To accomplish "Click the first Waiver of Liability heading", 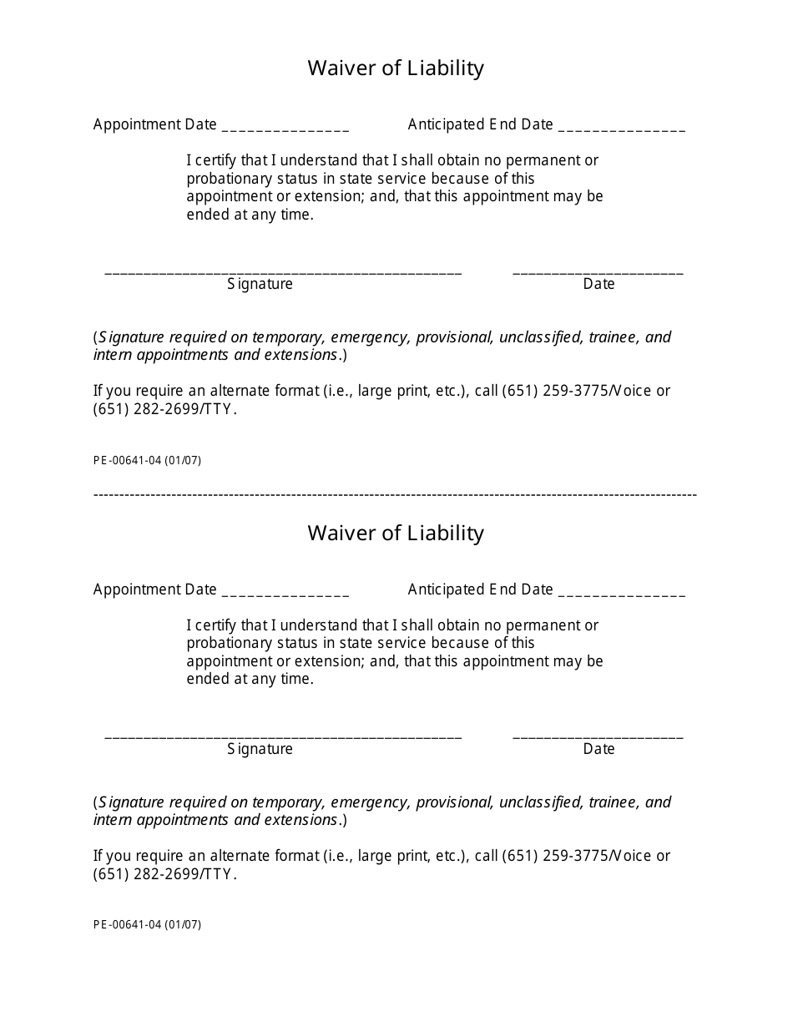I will pyautogui.click(x=396, y=68).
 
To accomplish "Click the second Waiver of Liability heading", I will pyautogui.click(x=396, y=533).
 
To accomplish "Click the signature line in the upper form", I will pyautogui.click(x=283, y=272).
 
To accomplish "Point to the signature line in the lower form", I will pyautogui.click(x=283, y=737).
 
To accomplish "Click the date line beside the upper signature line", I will pyautogui.click(x=598, y=272).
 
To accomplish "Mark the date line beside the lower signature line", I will pyautogui.click(x=598, y=737).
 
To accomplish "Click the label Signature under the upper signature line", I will pyautogui.click(x=260, y=284).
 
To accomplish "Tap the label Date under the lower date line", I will pyautogui.click(x=599, y=749).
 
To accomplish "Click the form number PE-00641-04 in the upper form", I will pyautogui.click(x=147, y=460).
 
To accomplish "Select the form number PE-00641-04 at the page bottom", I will pyautogui.click(x=147, y=925).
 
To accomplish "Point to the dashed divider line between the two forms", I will pyautogui.click(x=395, y=495).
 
